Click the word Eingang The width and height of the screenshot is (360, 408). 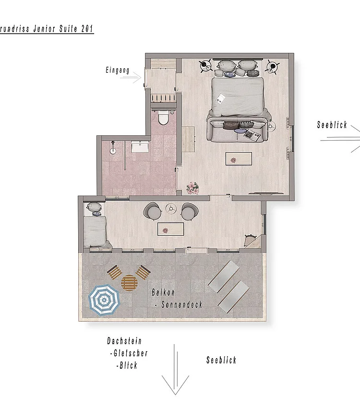[x=118, y=71]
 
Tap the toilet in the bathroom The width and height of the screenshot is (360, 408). [x=163, y=118]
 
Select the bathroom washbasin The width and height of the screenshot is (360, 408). [x=140, y=146]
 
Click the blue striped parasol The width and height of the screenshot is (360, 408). [x=103, y=300]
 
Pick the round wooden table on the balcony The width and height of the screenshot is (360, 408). [x=130, y=282]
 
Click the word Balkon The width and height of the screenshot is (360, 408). [x=163, y=292]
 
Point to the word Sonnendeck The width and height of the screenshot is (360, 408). [x=182, y=305]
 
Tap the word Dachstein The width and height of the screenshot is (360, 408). [x=124, y=341]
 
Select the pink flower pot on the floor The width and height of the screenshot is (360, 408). [x=193, y=188]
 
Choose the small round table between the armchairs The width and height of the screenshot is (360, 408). [x=170, y=209]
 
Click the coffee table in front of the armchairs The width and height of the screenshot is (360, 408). [x=171, y=229]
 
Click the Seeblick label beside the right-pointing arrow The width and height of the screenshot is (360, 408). [x=332, y=125]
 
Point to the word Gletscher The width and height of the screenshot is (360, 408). [x=129, y=354]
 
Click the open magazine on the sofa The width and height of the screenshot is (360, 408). [x=252, y=135]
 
